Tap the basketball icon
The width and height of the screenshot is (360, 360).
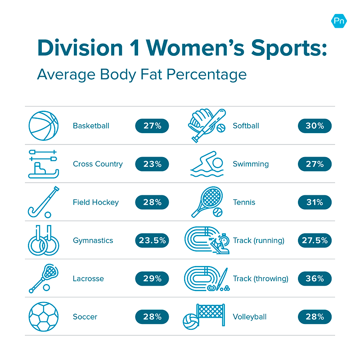[x=44, y=126]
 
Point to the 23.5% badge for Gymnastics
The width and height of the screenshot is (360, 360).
[x=152, y=240]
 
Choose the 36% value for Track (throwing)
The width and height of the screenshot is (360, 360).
[x=315, y=279]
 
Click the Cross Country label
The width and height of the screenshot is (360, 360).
[x=98, y=164]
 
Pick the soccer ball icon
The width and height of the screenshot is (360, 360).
[x=44, y=317]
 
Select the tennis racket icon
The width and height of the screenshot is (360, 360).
[x=206, y=202]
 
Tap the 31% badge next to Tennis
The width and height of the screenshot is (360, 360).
[x=315, y=202]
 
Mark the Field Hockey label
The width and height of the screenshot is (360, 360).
[x=96, y=202]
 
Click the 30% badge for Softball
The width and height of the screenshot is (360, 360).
[x=315, y=126]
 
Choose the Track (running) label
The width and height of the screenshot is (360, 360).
[x=259, y=240]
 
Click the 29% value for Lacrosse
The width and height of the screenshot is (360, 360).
[x=152, y=279]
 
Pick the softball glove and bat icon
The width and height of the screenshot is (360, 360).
[x=206, y=125]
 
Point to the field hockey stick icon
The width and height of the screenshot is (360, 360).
[x=43, y=202]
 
